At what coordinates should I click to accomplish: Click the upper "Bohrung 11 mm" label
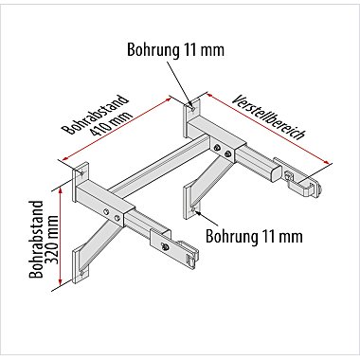point(175,49)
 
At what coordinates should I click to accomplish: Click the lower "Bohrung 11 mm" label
point(254,236)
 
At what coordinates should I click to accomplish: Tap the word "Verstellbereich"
point(269,117)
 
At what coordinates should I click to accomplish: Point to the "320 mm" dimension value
point(52,240)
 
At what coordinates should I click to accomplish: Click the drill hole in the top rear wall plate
point(192,107)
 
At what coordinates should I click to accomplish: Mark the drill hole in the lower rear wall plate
point(192,208)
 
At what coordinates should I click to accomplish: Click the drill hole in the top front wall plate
point(81,172)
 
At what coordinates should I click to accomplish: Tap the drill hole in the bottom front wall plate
point(82,274)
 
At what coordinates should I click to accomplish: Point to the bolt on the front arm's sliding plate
point(164,246)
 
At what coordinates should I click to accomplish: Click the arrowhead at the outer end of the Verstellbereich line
point(329,162)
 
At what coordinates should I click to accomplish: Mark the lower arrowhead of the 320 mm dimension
point(60,281)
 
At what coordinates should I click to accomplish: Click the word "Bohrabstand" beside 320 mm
point(36,240)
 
